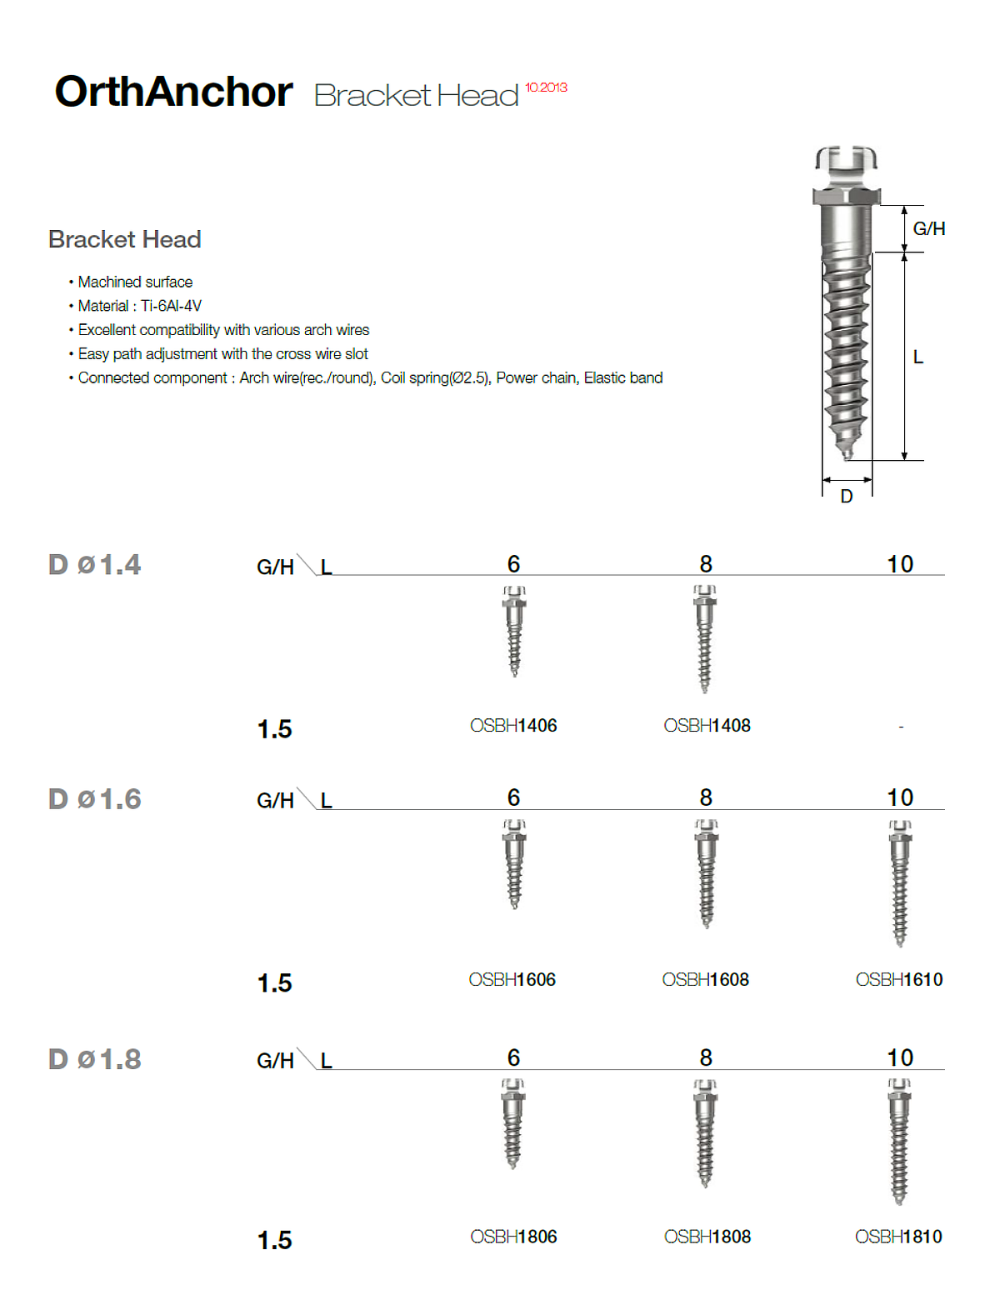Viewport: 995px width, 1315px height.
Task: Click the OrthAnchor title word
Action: click(173, 92)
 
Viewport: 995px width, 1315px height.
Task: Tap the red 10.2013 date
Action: click(546, 87)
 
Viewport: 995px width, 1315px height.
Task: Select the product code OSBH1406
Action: click(513, 726)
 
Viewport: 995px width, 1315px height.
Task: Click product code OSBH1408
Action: click(707, 726)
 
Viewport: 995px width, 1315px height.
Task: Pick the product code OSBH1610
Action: click(899, 980)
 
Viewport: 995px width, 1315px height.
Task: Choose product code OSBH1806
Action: click(513, 1237)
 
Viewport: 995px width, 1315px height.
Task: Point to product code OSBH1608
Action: click(706, 980)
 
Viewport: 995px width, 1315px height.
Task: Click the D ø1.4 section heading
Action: click(94, 565)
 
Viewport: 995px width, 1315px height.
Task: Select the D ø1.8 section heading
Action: click(94, 1060)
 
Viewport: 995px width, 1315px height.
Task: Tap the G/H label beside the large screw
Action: click(928, 228)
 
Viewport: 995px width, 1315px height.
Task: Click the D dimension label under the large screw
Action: click(847, 497)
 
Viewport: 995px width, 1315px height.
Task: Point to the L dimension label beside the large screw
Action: click(917, 357)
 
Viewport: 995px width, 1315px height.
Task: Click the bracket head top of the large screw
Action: click(846, 160)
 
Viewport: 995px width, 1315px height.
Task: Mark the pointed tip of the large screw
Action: click(847, 455)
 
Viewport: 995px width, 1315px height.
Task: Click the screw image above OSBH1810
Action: click(899, 1141)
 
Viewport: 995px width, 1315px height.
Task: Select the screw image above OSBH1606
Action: click(514, 864)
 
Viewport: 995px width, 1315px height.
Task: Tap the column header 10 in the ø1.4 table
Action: click(900, 564)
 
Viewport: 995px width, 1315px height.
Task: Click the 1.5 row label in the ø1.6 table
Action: click(274, 983)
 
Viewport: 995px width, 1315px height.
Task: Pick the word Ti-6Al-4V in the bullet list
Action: click(171, 306)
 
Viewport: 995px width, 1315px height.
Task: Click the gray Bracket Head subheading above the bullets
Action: click(125, 240)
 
